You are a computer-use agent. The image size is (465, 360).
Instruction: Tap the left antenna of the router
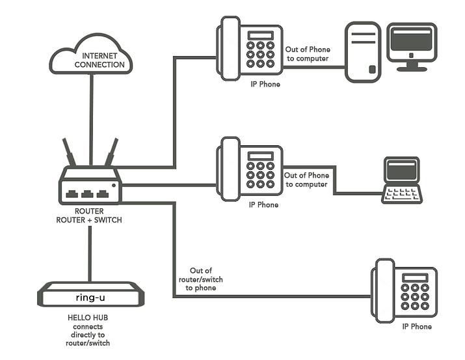[x=69, y=152]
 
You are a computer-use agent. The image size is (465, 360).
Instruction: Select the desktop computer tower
[x=362, y=52]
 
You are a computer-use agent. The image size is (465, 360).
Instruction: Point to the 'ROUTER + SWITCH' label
[x=89, y=220]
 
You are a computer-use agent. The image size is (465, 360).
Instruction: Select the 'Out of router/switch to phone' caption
[x=201, y=279]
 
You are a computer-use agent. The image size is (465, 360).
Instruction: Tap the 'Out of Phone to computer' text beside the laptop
[x=306, y=180]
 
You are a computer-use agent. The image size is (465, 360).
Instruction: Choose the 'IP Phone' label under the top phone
[x=265, y=85]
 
